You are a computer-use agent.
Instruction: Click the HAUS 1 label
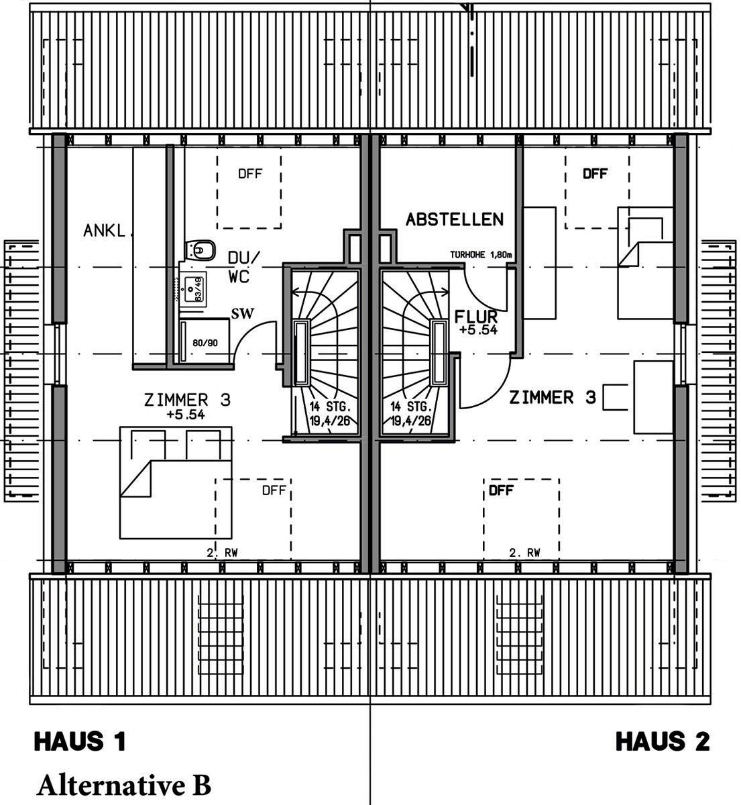click(x=80, y=741)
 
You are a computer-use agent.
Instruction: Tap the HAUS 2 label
click(x=662, y=741)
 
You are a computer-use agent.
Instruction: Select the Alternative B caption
click(x=124, y=784)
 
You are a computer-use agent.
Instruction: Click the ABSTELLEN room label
click(x=454, y=219)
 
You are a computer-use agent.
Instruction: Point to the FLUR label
click(x=475, y=317)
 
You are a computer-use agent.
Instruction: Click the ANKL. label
click(x=105, y=231)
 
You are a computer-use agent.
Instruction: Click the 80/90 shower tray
click(x=205, y=343)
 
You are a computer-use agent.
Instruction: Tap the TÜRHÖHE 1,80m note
click(x=481, y=256)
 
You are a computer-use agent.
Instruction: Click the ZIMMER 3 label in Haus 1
click(x=187, y=400)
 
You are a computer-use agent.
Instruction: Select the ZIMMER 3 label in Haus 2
click(x=553, y=398)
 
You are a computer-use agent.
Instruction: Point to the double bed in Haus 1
click(x=176, y=482)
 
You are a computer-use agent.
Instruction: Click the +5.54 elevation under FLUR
click(x=478, y=330)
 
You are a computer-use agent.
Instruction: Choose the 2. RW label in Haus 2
click(x=524, y=553)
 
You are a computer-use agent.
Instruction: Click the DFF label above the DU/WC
click(x=250, y=174)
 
